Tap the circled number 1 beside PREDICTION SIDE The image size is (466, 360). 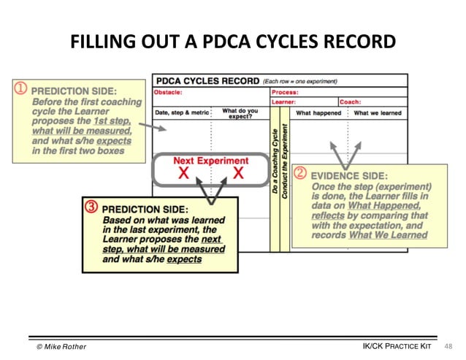[x=21, y=91]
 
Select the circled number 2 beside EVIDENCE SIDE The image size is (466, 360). [x=300, y=174]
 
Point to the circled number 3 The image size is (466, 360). [x=91, y=207]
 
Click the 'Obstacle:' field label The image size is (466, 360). [x=167, y=93]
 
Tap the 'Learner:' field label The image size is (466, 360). [x=283, y=102]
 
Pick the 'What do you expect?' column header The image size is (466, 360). [x=240, y=112]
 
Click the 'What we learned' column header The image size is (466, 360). [x=378, y=113]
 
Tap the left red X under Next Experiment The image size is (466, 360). [x=184, y=173]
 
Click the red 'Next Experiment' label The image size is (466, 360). [x=210, y=160]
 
